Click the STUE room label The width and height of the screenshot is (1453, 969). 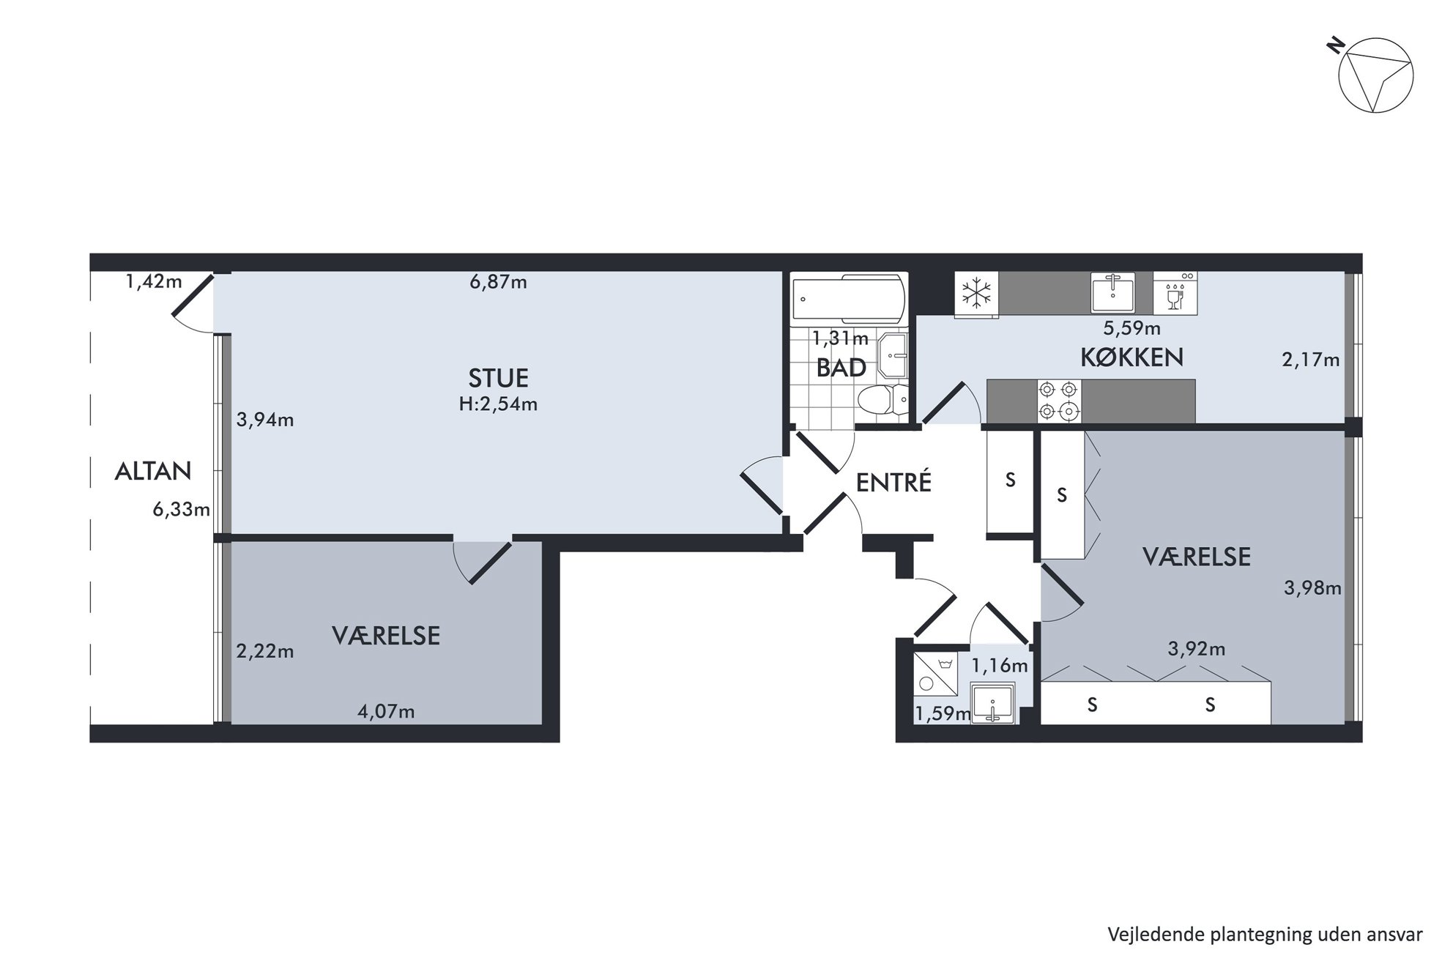click(498, 378)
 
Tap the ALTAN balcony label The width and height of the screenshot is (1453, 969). click(153, 471)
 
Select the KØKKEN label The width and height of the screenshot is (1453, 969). click(1131, 357)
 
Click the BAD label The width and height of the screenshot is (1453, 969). click(841, 368)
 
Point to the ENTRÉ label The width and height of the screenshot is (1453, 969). click(893, 482)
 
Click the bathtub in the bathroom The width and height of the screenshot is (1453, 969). click(849, 299)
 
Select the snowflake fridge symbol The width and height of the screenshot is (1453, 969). click(976, 295)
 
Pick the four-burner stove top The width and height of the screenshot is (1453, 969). click(1059, 401)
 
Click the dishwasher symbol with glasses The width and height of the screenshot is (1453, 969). click(1175, 294)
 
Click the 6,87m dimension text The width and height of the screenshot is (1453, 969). click(498, 282)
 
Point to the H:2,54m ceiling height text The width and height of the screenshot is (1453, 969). click(498, 404)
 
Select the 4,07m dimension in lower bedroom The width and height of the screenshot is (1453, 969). click(386, 711)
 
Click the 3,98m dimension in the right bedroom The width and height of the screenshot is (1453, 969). click(1312, 587)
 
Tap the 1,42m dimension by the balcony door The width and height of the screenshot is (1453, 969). click(154, 281)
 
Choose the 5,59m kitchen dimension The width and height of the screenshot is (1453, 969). click(1131, 328)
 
